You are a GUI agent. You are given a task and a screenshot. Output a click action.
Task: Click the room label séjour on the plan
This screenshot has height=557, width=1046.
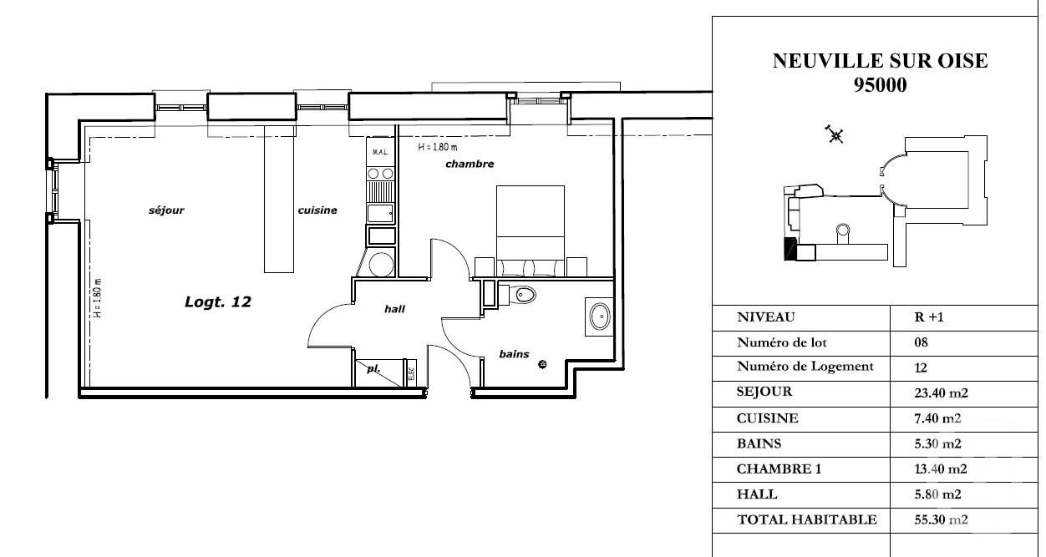point(165,210)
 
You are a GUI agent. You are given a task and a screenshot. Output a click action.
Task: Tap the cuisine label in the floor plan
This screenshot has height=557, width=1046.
point(317,210)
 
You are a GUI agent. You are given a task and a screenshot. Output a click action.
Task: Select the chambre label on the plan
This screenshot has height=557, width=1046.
point(470,165)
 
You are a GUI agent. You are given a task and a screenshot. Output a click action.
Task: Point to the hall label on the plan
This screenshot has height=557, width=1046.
point(394,309)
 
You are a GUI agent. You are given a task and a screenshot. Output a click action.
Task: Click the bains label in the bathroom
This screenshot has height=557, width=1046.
point(514,354)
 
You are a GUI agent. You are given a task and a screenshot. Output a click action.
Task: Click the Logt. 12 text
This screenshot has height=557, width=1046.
point(217,302)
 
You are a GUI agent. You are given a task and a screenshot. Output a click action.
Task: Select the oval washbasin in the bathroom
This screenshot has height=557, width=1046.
point(600,316)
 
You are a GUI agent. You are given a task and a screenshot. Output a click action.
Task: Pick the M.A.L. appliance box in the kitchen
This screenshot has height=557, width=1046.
point(379,153)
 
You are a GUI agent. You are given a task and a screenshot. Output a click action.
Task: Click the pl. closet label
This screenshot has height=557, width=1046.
point(373,367)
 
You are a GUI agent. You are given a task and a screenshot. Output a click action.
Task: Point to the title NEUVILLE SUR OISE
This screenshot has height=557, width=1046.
point(880,61)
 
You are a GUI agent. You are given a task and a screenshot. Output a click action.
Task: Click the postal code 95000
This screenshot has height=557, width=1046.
point(880,84)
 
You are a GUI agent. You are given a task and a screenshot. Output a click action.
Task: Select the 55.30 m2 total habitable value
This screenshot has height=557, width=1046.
point(941,519)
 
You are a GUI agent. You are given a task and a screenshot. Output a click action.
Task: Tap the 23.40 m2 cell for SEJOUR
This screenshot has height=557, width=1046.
point(941,392)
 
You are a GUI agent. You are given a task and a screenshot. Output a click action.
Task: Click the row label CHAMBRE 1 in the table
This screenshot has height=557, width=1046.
point(779,469)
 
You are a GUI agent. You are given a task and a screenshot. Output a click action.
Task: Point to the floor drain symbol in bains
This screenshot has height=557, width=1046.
point(543,363)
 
